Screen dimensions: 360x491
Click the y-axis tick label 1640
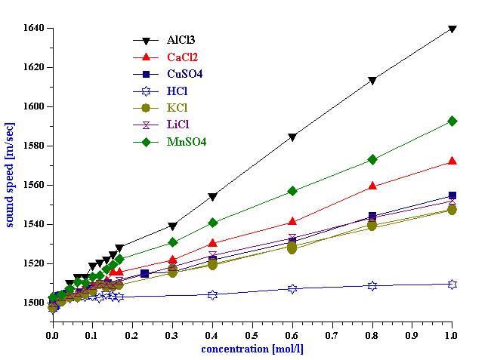32,28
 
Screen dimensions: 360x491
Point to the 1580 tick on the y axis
32,146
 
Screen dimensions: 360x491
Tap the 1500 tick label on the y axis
32,303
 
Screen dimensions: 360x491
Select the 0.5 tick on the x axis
252,333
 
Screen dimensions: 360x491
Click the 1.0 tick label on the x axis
452,333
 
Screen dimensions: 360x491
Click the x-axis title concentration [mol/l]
252,349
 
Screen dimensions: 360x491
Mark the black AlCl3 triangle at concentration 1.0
452,29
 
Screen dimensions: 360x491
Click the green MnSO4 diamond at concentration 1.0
452,121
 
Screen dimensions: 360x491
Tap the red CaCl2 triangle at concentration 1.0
452,161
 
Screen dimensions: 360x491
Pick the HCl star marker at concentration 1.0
452,284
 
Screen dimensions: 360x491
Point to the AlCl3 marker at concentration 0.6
292,137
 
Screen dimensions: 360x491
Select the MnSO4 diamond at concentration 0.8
372,159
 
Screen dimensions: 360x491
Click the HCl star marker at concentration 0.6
292,288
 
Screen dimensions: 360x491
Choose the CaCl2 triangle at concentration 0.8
372,185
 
